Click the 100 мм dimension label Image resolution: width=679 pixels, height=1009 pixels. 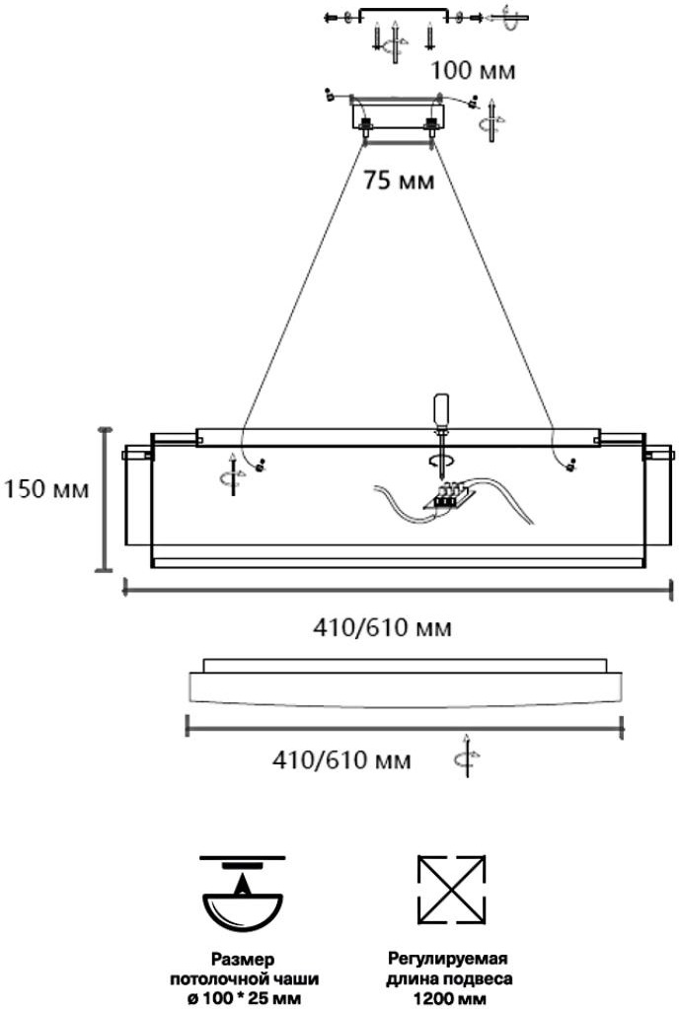[473, 70]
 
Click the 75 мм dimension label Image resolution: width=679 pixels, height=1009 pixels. [399, 180]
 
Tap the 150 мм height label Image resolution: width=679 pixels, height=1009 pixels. [46, 489]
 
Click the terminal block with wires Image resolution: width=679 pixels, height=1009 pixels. [449, 495]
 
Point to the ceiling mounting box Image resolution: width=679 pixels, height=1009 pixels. [398, 115]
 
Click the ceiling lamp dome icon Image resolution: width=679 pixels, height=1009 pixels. [243, 895]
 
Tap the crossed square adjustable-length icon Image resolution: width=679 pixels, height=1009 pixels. [451, 890]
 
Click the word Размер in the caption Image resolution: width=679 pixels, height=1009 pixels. [244, 960]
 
